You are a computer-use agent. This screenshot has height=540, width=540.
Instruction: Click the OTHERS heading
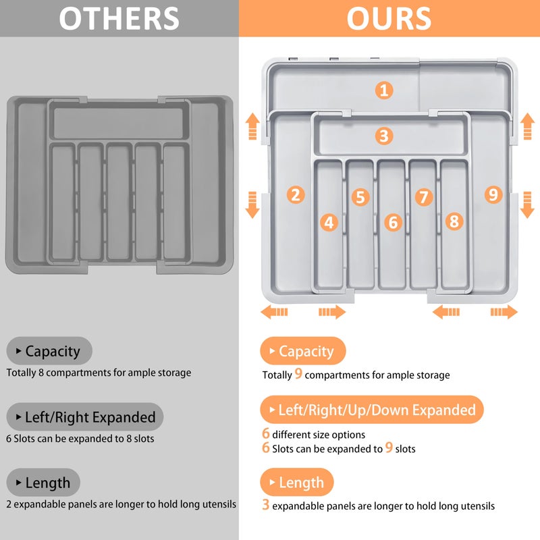coord(119,18)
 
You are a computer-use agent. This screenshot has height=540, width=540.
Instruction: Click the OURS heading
coord(389,18)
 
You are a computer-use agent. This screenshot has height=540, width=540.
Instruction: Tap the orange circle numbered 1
coord(384,90)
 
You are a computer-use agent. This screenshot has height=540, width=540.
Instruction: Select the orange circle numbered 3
coord(384,136)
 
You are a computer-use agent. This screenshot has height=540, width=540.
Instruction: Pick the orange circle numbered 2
coord(295,194)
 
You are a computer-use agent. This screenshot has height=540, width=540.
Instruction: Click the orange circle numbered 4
coord(329,222)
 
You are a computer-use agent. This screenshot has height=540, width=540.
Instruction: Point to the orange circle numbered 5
coord(360,197)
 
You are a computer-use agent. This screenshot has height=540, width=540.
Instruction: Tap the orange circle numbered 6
coord(393,222)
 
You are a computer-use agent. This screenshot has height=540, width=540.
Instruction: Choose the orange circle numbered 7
coord(424,197)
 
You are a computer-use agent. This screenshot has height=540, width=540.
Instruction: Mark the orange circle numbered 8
coord(454,221)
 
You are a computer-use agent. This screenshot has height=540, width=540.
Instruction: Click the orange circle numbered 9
coord(493,194)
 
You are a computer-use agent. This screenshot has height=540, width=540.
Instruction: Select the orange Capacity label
coord(302,351)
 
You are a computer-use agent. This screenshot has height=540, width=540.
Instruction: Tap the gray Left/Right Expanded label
coord(85,417)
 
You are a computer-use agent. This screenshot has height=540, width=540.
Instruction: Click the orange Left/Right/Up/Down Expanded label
coord(372,410)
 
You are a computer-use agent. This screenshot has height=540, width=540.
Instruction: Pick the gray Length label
coord(43,483)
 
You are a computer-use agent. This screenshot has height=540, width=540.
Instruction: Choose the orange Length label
coord(297,483)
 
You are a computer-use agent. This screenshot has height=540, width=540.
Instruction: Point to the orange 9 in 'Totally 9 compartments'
coord(298,375)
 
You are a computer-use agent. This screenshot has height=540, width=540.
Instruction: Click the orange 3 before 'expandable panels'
coord(266,505)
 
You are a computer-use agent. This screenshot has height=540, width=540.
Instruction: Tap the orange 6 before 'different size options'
coord(266,434)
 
